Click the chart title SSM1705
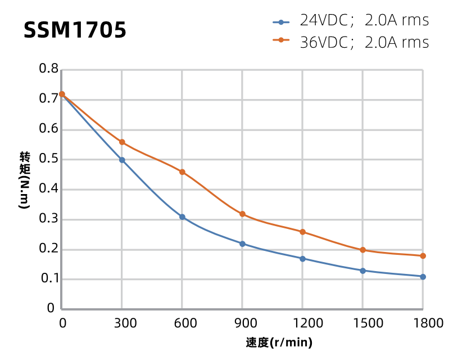[x=75, y=30]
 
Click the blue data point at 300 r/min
[x=122, y=160]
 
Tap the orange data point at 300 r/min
[x=122, y=142]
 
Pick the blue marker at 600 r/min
[x=182, y=217]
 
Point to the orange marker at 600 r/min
[x=182, y=172]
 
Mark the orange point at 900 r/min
[x=242, y=214]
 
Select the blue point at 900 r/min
[x=242, y=244]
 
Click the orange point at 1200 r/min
[x=302, y=232]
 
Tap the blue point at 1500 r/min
[x=362, y=271]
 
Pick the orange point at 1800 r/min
[x=423, y=256]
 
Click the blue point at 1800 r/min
[x=423, y=277]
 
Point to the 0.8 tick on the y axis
[x=48, y=69]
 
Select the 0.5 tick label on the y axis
[x=48, y=159]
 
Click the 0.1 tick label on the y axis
[x=48, y=279]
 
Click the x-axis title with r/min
[x=279, y=343]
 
